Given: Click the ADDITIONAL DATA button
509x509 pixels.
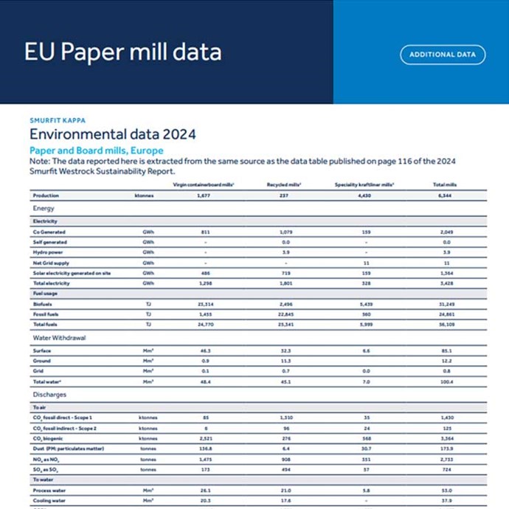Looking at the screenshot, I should (443, 55).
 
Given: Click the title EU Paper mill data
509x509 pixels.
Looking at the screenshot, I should (122, 52).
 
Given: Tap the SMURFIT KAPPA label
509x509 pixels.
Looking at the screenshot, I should (57, 120).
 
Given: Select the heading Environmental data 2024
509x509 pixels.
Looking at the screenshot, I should (112, 134).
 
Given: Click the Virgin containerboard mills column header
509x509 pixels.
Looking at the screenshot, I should (204, 184).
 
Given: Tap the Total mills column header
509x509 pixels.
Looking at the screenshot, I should (443, 184).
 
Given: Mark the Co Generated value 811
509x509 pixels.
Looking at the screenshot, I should (205, 232).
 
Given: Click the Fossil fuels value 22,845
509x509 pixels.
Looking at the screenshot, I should (286, 314).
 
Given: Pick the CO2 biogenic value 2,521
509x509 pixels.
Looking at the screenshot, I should (205, 438).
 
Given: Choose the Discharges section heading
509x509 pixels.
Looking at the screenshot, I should (50, 395).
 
